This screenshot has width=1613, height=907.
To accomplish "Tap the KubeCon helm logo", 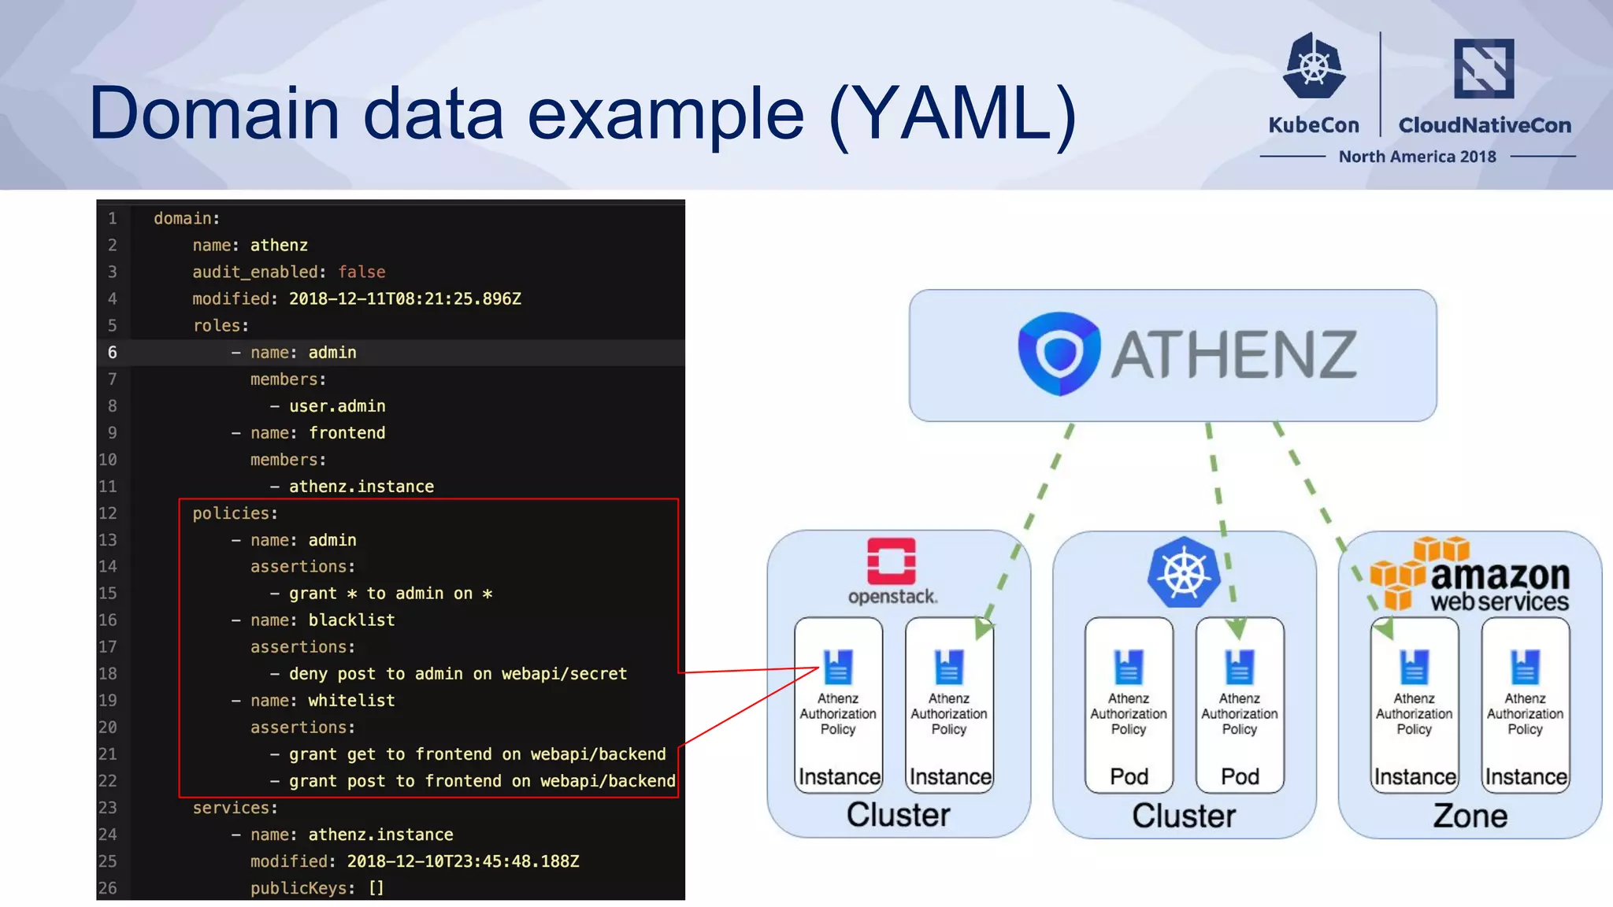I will (1314, 66).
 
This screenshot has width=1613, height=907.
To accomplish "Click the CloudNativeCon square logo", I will (1483, 68).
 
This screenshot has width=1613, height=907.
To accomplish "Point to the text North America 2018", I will (1417, 157).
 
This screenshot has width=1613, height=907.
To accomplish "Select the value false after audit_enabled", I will (362, 272).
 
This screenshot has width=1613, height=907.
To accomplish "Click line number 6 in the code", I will (113, 353).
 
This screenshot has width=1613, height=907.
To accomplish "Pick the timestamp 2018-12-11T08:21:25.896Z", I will (405, 299).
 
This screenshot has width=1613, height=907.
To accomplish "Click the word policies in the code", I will (231, 513).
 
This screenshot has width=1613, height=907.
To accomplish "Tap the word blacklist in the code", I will (351, 620).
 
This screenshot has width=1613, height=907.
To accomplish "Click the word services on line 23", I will (231, 808).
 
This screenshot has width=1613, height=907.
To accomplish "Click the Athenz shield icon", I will (1058, 354).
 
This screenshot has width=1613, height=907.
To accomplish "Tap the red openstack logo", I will (891, 561).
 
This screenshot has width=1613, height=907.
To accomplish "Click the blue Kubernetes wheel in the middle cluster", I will (1183, 572).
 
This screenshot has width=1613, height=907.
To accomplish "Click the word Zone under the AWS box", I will (1470, 816).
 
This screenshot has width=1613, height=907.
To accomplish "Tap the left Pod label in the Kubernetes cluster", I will (1129, 776).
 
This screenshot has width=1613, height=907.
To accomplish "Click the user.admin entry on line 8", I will (337, 406).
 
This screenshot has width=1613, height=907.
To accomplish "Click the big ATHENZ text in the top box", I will (1233, 355).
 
